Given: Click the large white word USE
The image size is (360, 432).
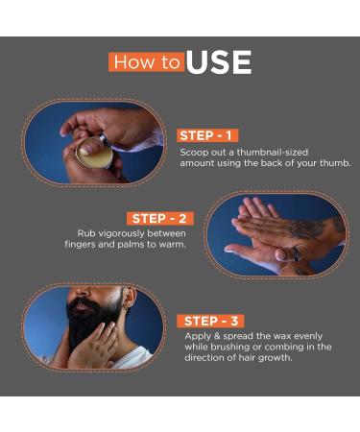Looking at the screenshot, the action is [x=219, y=62].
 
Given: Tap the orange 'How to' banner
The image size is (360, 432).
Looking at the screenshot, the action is [x=147, y=61].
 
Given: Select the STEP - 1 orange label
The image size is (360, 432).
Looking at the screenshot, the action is [x=207, y=135].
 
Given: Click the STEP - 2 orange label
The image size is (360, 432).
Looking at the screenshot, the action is [x=159, y=219].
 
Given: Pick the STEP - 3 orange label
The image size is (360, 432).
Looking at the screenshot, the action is [x=210, y=321].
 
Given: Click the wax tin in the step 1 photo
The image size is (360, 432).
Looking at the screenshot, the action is [x=95, y=154].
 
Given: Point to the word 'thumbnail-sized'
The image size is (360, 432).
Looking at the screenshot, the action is [x=273, y=152].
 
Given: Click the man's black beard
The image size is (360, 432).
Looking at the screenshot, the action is [x=91, y=322].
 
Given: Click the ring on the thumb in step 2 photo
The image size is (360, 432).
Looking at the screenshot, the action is [x=296, y=253].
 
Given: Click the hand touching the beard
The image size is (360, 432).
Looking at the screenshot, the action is [x=93, y=347].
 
